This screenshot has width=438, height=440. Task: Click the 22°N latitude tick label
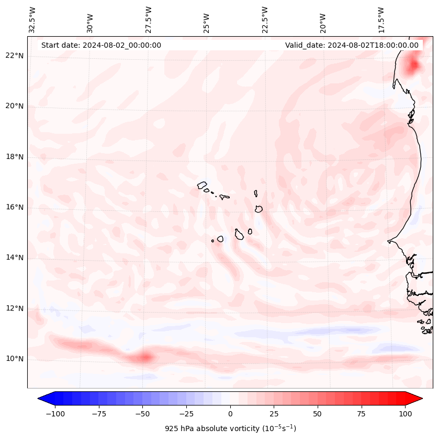point(15,56)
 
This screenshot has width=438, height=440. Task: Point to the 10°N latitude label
point(15,359)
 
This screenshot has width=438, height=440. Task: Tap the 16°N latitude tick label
point(15,207)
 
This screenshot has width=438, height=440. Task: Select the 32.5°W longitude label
point(32,20)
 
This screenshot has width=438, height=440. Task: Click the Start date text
point(101,45)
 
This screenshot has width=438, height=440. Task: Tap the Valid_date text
point(352,45)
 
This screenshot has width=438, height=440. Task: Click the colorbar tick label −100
point(55,414)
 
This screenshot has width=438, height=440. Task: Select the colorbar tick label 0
point(230,414)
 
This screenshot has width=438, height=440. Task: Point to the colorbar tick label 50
point(317,414)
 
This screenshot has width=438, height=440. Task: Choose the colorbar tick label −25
point(186,414)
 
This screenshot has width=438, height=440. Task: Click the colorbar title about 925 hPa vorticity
point(230,428)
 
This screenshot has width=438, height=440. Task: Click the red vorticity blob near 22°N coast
point(413,66)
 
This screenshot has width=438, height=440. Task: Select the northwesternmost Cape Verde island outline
point(202,185)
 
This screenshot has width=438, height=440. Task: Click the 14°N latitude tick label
point(15,257)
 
